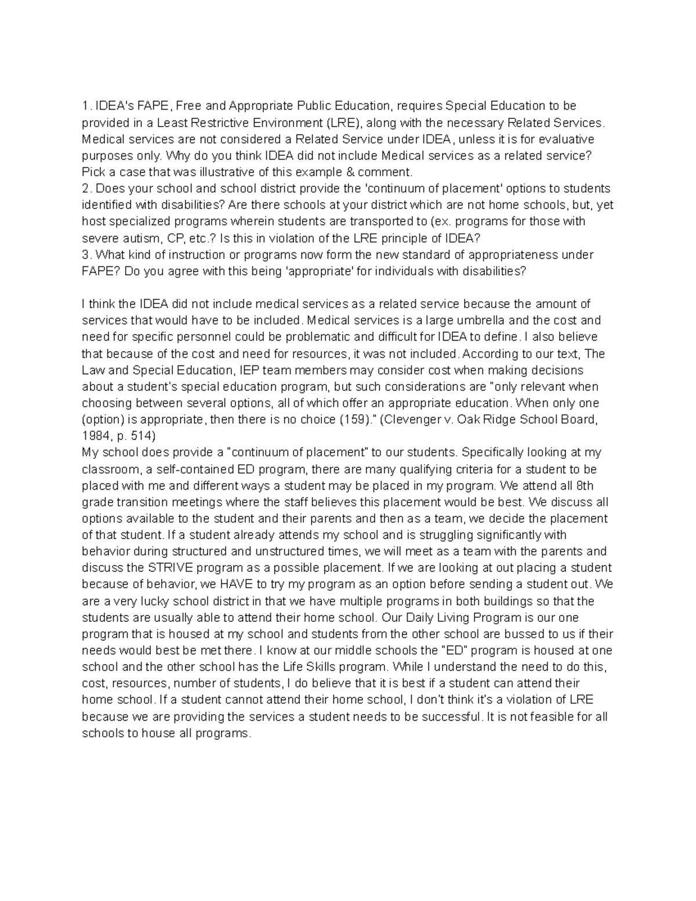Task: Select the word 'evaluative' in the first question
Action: coord(567,139)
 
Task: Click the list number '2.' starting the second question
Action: coord(86,189)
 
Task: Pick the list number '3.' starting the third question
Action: coord(86,255)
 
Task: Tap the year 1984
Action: coord(95,436)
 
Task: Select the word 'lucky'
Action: coord(135,601)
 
